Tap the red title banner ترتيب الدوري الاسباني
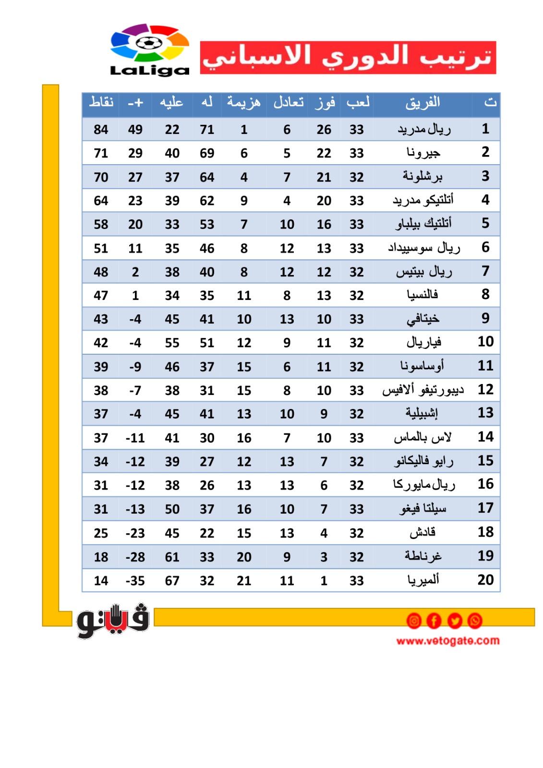pos(348,58)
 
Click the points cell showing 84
pos(101,130)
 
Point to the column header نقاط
pos(101,102)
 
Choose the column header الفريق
pos(422,103)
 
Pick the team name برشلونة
pos(422,177)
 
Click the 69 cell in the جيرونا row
pos(207,153)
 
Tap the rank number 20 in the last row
pos(485,580)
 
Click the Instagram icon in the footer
pos(414,621)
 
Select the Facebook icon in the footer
pos(434,621)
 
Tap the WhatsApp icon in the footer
pos(475,621)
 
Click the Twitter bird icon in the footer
pos(455,621)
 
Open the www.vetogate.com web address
pos(447,641)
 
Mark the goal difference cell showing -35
pos(135,581)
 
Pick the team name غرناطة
pos(422,556)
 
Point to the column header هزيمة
pos(243,102)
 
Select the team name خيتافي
pos(422,319)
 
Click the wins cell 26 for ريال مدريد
pos(324,130)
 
